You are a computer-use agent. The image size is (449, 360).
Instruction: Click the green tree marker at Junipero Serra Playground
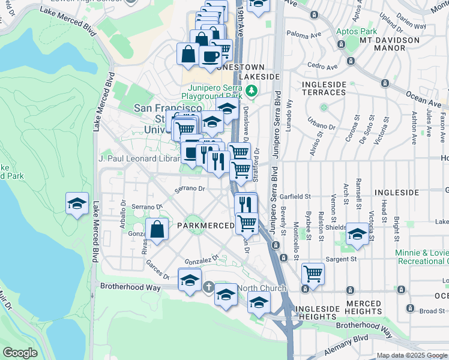(252, 91)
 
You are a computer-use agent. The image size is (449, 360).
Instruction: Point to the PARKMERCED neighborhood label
(205, 225)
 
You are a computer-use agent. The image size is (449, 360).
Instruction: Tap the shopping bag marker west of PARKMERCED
(157, 230)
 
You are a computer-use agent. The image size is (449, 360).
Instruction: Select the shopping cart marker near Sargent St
(313, 274)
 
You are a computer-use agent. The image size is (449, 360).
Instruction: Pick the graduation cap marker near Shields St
(357, 234)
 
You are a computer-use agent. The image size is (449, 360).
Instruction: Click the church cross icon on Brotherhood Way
(208, 287)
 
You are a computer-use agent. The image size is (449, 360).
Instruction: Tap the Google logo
(20, 353)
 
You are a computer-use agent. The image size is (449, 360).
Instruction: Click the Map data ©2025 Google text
(411, 355)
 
